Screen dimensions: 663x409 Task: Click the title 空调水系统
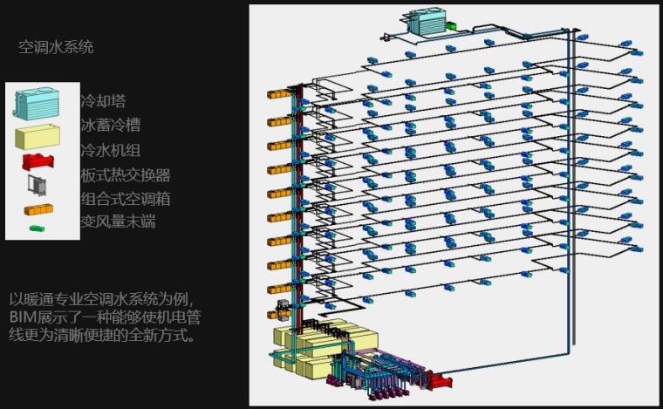pyautogui.click(x=56, y=47)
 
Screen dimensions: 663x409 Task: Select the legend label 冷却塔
pyautogui.click(x=103, y=102)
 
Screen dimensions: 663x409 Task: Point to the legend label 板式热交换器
pyautogui.click(x=125, y=174)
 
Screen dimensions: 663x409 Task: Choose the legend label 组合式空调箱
pyautogui.click(x=125, y=199)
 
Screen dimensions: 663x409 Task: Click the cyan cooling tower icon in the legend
pyautogui.click(x=38, y=103)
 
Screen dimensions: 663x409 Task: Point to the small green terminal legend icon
pyautogui.click(x=38, y=228)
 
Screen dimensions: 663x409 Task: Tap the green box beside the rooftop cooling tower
pyautogui.click(x=452, y=26)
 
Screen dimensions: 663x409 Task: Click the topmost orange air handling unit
pyautogui.click(x=278, y=93)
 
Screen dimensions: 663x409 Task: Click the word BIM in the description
pyautogui.click(x=22, y=316)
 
